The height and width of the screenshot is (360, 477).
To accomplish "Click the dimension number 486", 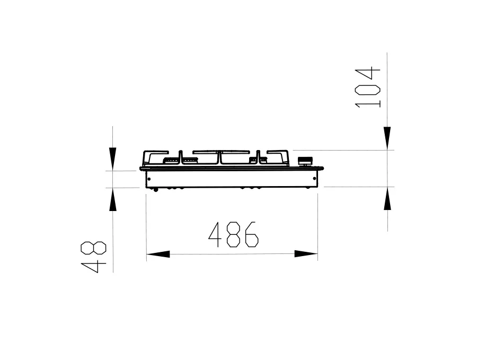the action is point(233,234).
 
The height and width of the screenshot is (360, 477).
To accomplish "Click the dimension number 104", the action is point(367,87).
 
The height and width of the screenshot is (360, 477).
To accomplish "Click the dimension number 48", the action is point(93,257).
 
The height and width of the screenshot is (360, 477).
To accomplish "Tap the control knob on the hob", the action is point(305,161).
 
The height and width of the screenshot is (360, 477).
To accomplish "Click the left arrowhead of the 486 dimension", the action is point(158,254).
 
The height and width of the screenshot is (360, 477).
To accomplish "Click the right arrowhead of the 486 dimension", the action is point(306,254).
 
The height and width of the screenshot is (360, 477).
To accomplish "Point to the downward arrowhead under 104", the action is point(387,138).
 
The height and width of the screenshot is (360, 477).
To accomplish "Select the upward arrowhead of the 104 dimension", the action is point(387,198).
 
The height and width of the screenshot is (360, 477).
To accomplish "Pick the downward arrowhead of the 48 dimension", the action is point(112,159).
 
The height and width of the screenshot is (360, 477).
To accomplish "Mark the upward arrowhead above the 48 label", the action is point(113,199).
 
